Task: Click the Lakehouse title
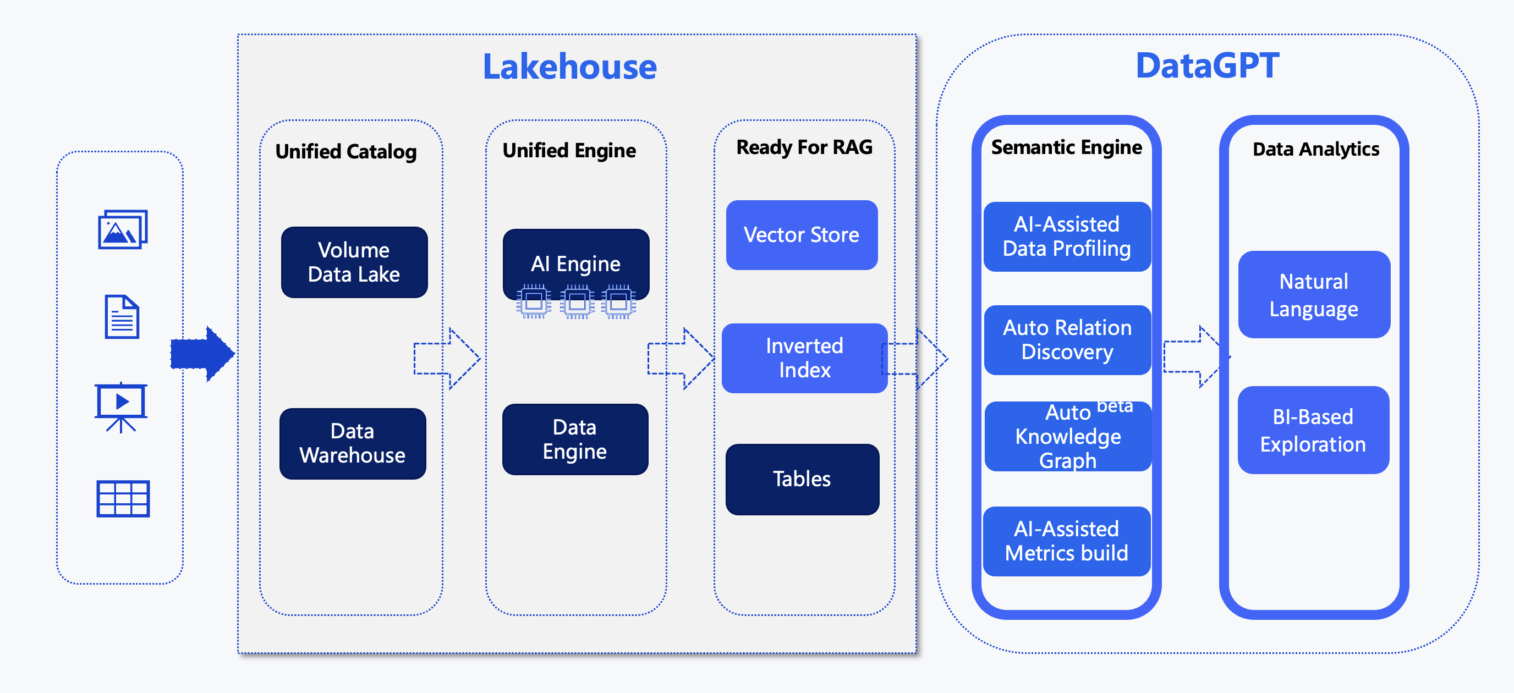(x=569, y=67)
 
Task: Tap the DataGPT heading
(x=1206, y=65)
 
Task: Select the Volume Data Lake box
(x=354, y=262)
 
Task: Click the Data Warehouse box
(x=353, y=443)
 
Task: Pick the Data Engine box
(x=575, y=439)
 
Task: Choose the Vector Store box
(x=801, y=235)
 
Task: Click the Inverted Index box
(x=804, y=358)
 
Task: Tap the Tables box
(x=802, y=479)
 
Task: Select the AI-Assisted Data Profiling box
(x=1066, y=237)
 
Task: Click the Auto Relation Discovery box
(x=1067, y=340)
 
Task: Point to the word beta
(x=1115, y=406)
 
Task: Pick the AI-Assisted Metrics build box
(x=1066, y=541)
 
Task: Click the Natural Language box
(x=1314, y=294)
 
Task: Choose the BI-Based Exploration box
(x=1313, y=430)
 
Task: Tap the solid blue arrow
(x=202, y=354)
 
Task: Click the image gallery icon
(x=122, y=229)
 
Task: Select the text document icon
(x=122, y=317)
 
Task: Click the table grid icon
(x=123, y=498)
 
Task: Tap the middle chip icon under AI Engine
(x=577, y=301)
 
